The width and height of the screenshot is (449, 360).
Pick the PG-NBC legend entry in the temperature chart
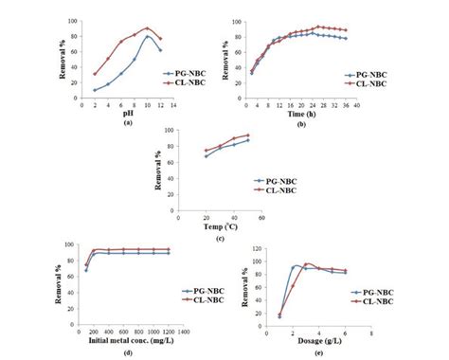(282, 178)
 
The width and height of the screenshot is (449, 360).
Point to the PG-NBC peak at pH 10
(148, 37)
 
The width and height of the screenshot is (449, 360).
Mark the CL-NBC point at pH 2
(68, 73)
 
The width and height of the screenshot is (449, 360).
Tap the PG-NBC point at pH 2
(68, 90)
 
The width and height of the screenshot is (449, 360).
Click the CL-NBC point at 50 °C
(248, 135)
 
